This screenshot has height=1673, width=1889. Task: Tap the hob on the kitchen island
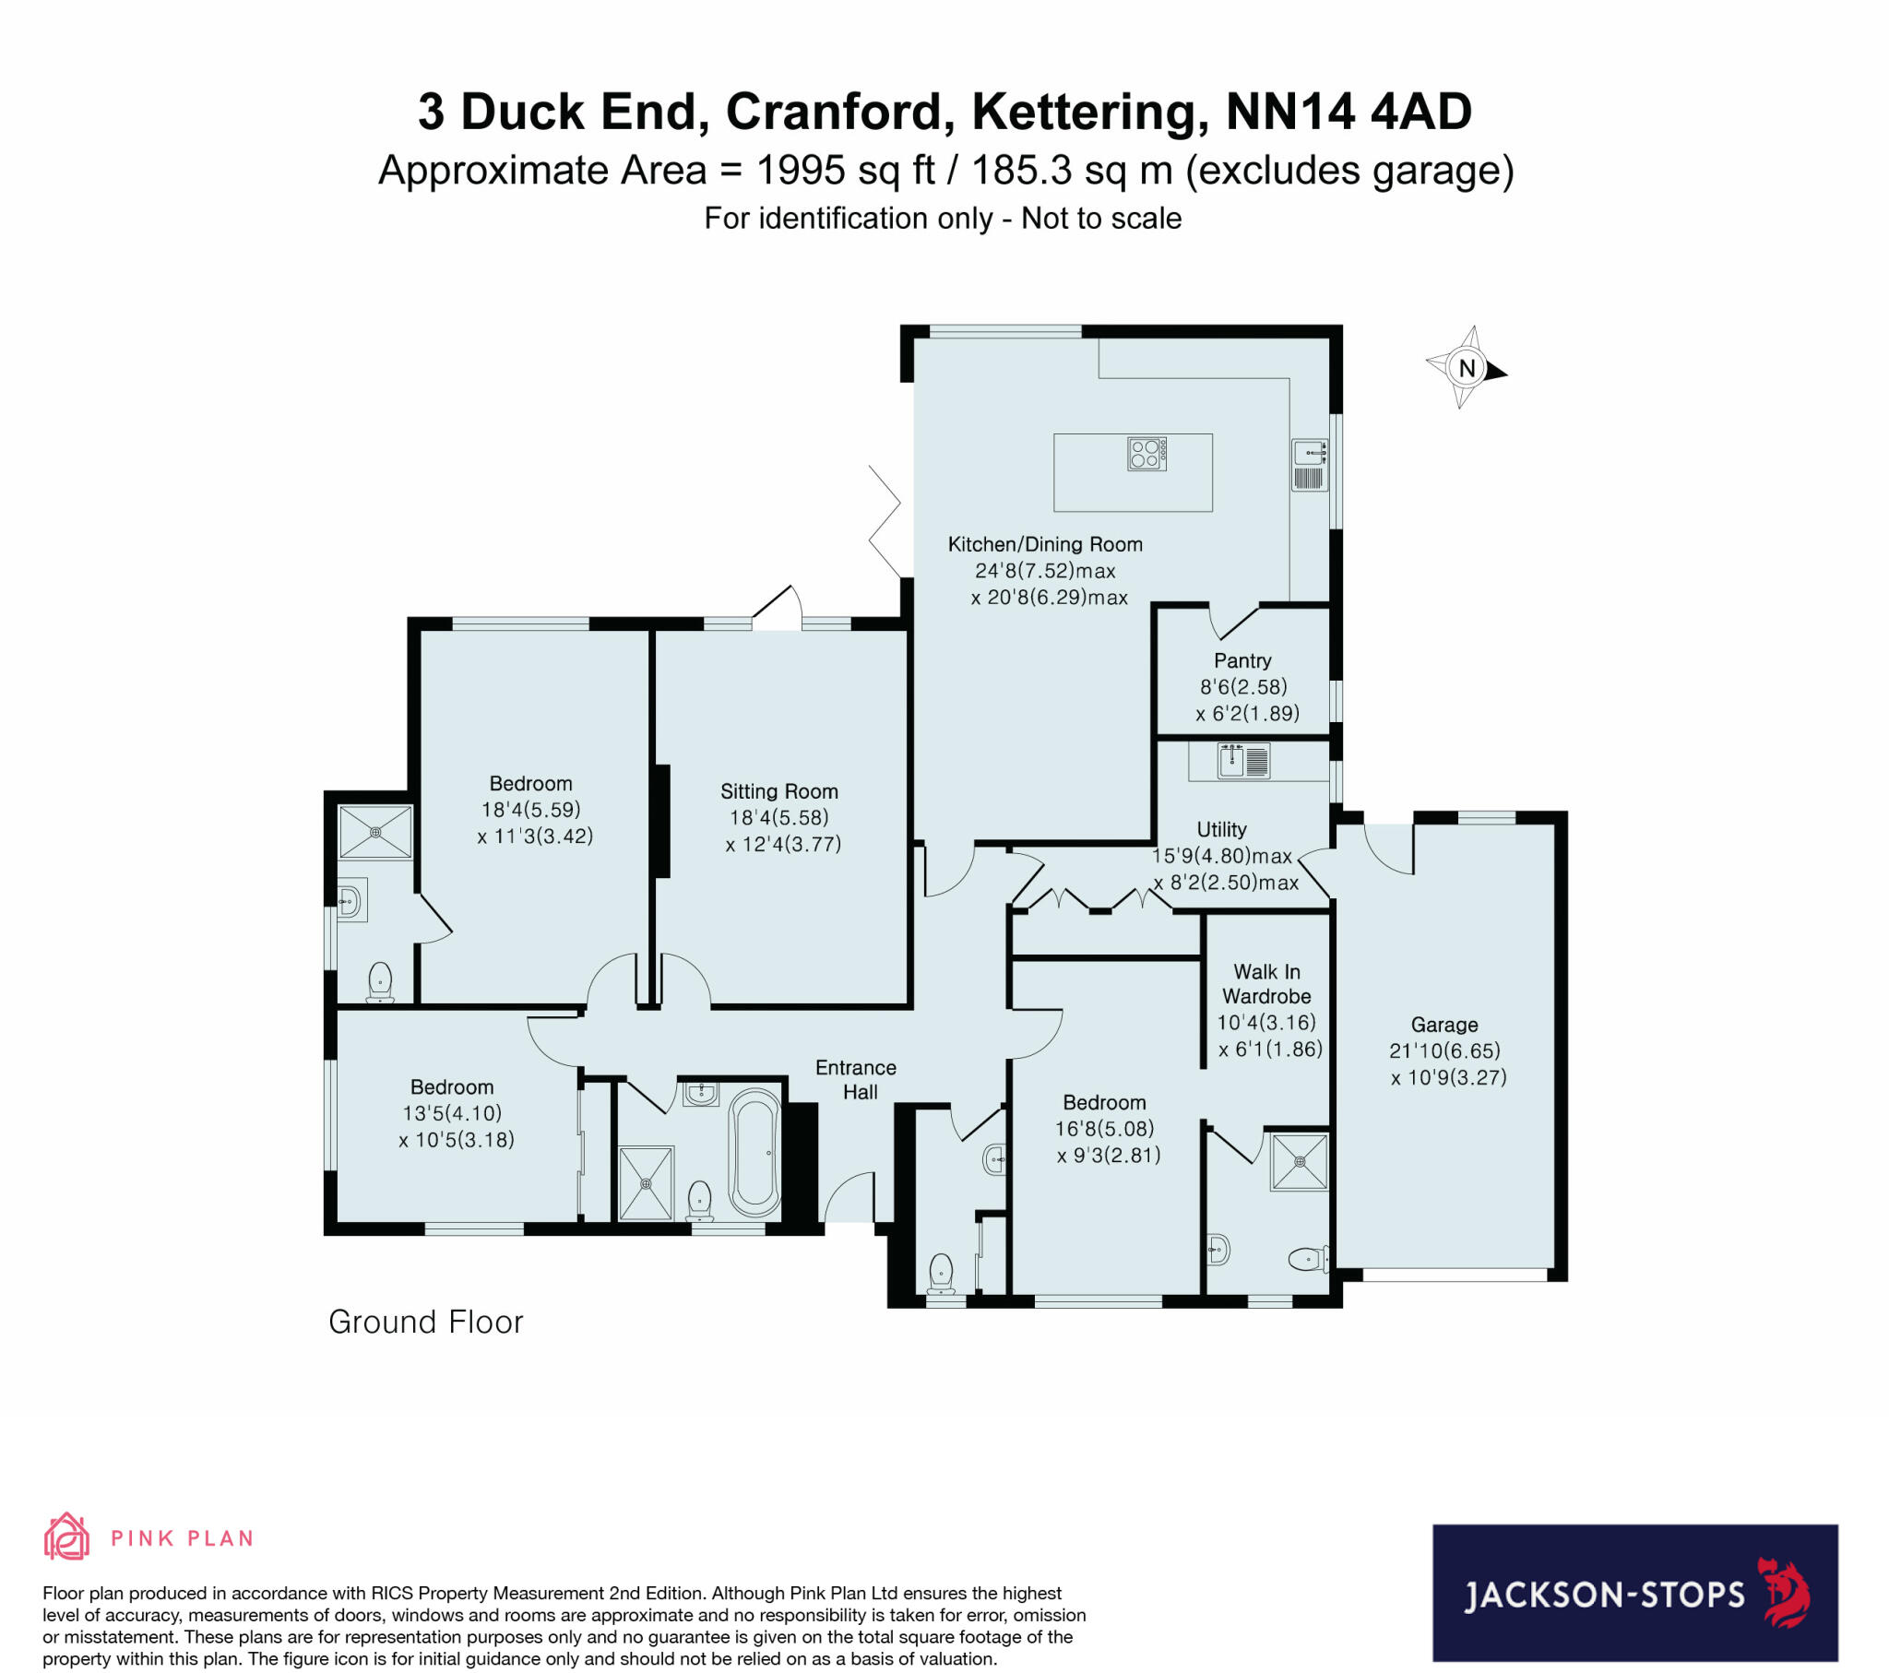pyautogui.click(x=1146, y=453)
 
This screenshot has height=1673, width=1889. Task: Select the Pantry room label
pyautogui.click(x=1242, y=660)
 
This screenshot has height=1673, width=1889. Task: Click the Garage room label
pyautogui.click(x=1443, y=1024)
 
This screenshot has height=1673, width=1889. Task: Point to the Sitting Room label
pyautogui.click(x=779, y=791)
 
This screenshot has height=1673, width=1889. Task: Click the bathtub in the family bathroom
pyautogui.click(x=755, y=1152)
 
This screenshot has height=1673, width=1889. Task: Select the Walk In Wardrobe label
pyautogui.click(x=1266, y=983)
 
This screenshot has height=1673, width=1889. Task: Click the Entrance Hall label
pyautogui.click(x=856, y=1080)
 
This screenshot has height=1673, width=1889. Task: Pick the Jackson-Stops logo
pyautogui.click(x=1634, y=1594)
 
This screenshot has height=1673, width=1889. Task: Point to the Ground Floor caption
pyautogui.click(x=426, y=1322)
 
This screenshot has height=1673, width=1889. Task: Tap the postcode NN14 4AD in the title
pyautogui.click(x=1348, y=112)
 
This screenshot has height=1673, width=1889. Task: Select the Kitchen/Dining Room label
pyautogui.click(x=1045, y=544)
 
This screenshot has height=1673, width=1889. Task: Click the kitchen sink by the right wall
pyautogui.click(x=1310, y=464)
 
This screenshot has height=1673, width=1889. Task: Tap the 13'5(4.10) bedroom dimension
pyautogui.click(x=452, y=1113)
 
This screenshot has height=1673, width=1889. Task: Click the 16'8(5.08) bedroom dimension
pyautogui.click(x=1104, y=1129)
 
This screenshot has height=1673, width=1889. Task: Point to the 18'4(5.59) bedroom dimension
pyautogui.click(x=530, y=810)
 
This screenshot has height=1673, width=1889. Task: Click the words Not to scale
pyautogui.click(x=1101, y=219)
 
